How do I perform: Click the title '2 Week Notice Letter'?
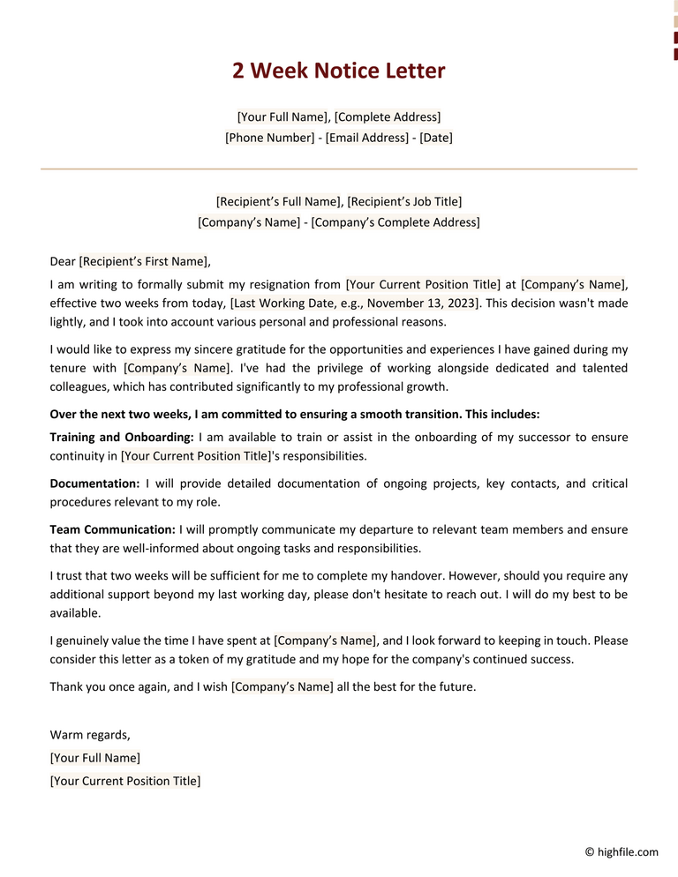point(339,71)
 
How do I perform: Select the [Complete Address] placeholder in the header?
point(388,117)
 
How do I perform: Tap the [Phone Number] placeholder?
point(270,139)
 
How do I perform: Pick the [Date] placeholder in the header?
point(436,139)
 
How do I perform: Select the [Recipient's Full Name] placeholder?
point(278,202)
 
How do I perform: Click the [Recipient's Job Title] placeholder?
point(404,202)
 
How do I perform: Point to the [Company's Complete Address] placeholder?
point(395,222)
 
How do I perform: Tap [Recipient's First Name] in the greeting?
point(144,261)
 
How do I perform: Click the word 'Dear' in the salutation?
point(63,261)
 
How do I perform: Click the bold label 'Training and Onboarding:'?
point(122,438)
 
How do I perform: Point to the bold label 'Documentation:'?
point(94,483)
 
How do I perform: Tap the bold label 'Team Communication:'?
point(113,529)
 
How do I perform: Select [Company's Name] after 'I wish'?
point(282,686)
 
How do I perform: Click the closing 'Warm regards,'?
point(90,735)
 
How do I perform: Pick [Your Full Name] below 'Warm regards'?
point(95,758)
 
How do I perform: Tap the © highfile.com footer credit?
point(621,852)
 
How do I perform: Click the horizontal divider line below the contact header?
point(339,169)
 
